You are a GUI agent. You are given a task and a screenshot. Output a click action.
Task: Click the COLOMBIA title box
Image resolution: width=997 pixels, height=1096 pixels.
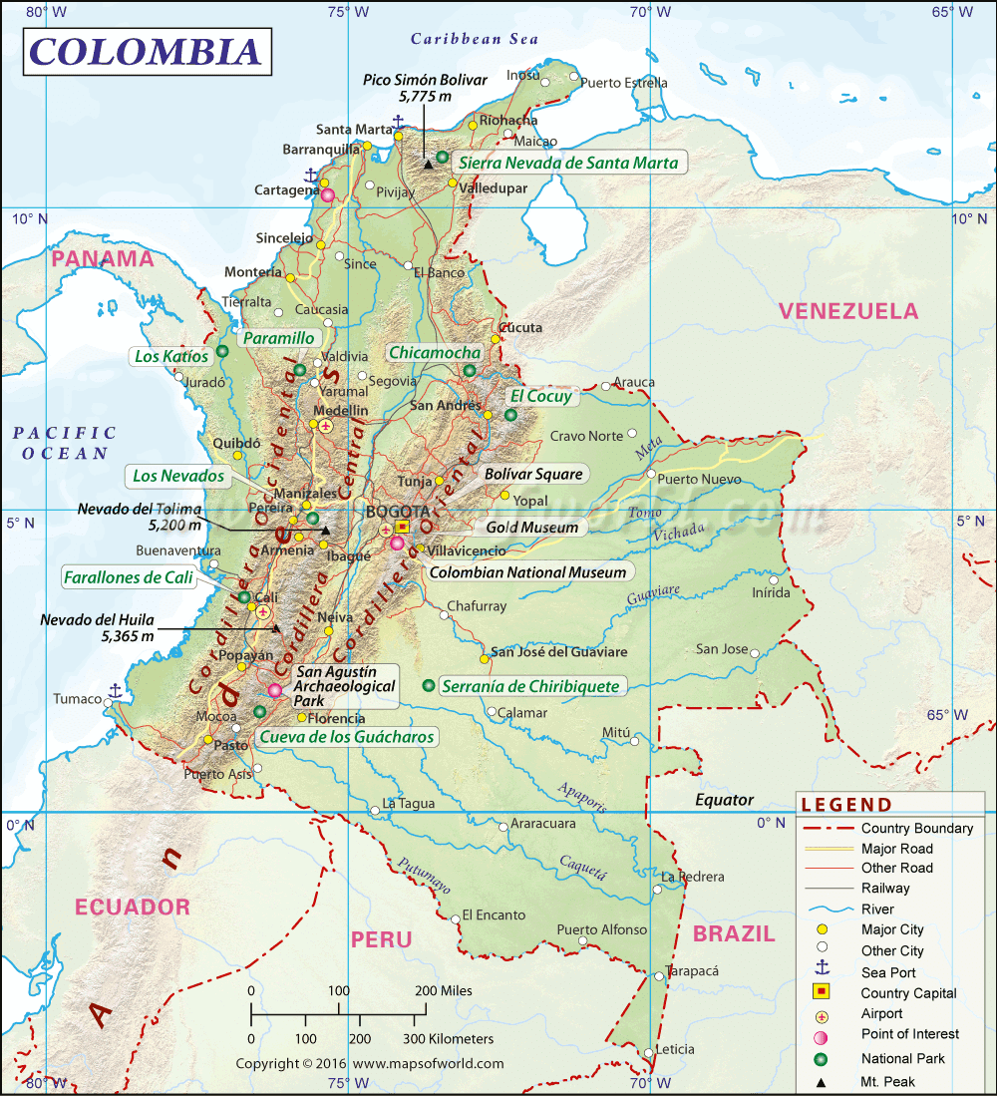pos(146,52)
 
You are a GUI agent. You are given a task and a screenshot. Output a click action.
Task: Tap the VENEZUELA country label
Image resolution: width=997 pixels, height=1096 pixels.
pos(848,311)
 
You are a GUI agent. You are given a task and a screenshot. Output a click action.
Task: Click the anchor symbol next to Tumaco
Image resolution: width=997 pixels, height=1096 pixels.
pos(115,690)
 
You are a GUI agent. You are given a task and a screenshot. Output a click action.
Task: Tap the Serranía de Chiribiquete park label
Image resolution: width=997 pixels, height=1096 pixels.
pos(532,686)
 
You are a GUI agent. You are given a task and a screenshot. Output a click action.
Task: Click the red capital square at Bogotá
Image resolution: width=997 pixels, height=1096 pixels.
pos(402,526)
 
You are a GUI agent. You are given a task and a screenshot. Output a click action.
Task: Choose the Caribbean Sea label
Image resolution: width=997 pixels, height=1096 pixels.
pos(475,39)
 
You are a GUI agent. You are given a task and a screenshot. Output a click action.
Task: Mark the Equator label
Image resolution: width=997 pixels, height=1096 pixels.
pos(724,800)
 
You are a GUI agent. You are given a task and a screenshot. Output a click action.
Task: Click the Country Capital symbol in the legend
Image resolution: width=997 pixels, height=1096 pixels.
pos(823,992)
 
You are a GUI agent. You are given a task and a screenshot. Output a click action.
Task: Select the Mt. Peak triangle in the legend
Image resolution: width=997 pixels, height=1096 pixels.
pos(823,1081)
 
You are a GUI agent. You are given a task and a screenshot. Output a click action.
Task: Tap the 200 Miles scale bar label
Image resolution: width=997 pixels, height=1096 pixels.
pos(444,990)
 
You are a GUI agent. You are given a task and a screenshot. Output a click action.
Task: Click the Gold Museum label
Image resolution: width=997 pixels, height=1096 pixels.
pos(531,528)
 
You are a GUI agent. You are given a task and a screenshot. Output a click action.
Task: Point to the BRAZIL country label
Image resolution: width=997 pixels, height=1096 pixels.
pos(734,934)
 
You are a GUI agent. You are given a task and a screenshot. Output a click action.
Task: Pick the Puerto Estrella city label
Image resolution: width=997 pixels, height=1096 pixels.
pos(624,83)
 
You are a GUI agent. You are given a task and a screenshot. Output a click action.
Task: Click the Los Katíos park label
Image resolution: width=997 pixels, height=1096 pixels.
pos(171,356)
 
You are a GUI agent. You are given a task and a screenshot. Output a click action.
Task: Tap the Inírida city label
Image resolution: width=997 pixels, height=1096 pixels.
pos(771,592)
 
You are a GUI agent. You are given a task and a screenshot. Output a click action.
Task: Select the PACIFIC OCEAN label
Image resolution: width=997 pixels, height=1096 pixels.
pos(65,443)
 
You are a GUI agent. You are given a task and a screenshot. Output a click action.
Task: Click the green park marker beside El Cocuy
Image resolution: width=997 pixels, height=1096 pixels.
pos(511,415)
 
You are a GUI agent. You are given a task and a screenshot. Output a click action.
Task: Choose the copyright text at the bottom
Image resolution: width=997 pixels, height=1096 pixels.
pos(370,1064)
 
